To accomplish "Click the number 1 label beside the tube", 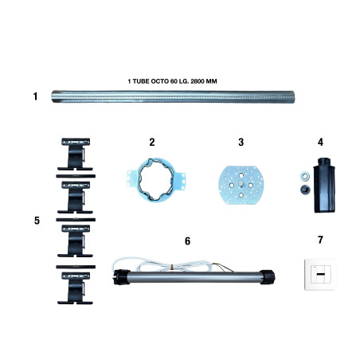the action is pyautogui.click(x=35, y=96).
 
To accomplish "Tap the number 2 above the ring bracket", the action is pyautogui.click(x=152, y=142).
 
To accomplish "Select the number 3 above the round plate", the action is pyautogui.click(x=241, y=142).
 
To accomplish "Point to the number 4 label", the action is pyautogui.click(x=320, y=142).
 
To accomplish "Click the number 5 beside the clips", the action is pyautogui.click(x=37, y=221).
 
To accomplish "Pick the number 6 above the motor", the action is pyautogui.click(x=187, y=241).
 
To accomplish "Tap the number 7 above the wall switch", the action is pyautogui.click(x=320, y=240).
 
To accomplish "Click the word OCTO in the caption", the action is pyautogui.click(x=160, y=81).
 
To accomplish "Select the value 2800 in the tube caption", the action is pyautogui.click(x=198, y=81).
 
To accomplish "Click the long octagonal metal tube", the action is pyautogui.click(x=173, y=96).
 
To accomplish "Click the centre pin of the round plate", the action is pyautogui.click(x=241, y=183).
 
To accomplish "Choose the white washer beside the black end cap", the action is pyautogui.click(x=305, y=175).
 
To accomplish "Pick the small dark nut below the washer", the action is pyautogui.click(x=305, y=190).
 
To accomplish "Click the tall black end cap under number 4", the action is pyautogui.click(x=324, y=185).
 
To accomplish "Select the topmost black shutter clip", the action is pyautogui.click(x=76, y=154).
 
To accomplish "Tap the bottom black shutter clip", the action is pyautogui.click(x=76, y=288).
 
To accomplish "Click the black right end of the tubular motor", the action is pyautogui.click(x=267, y=277).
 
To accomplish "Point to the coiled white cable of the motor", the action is pyautogui.click(x=173, y=265).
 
